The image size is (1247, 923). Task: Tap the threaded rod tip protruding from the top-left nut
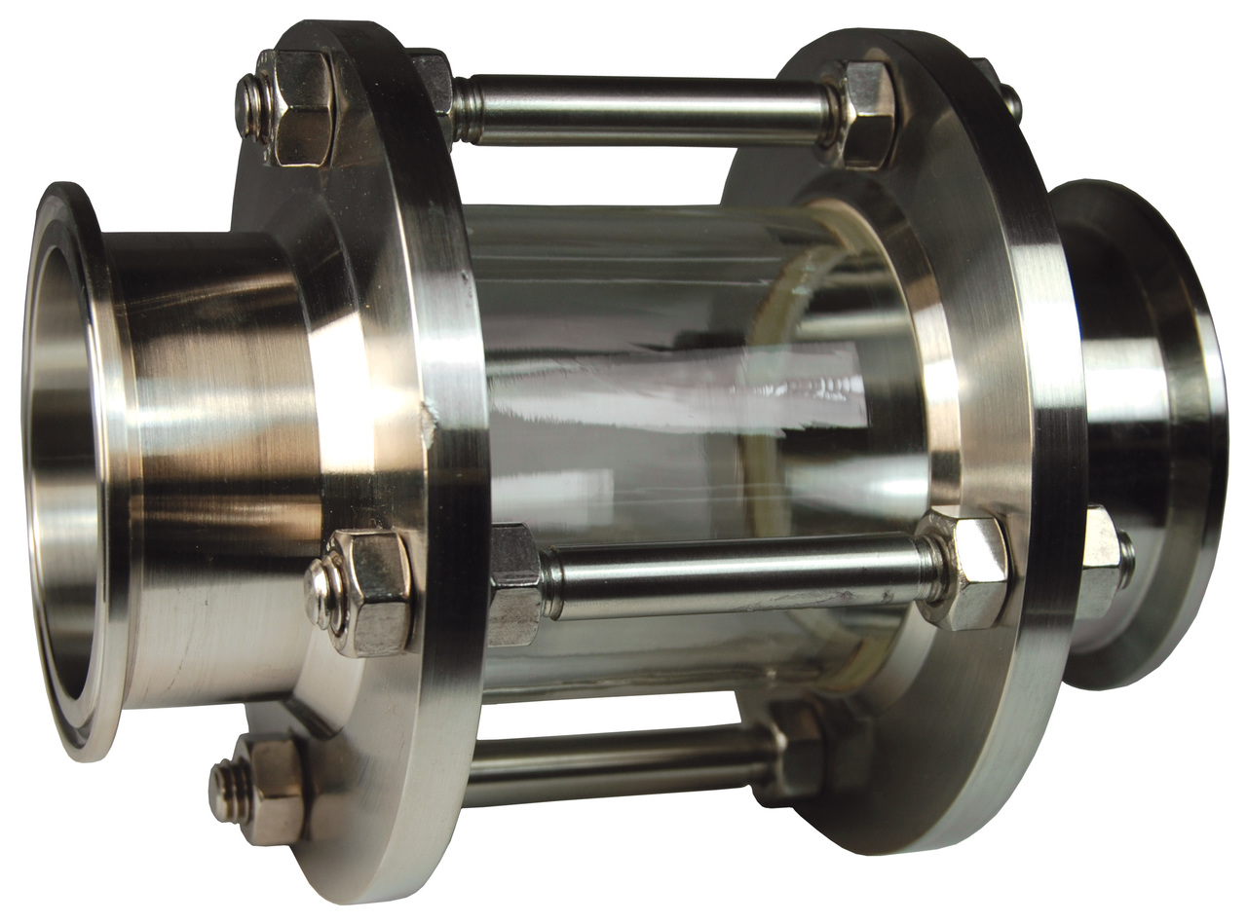249,105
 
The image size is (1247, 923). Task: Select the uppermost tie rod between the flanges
643,110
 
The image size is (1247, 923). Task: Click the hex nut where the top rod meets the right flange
862,112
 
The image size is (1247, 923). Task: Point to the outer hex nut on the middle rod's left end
370,593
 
